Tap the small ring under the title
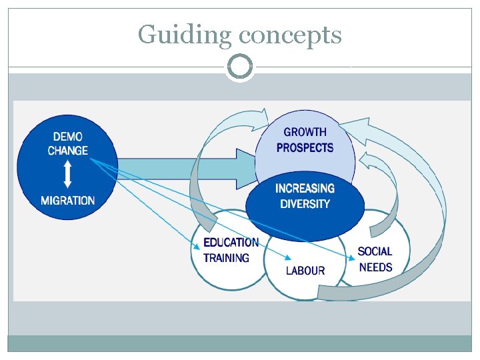(x=240, y=67)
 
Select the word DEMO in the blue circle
(x=68, y=137)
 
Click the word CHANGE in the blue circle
(x=68, y=151)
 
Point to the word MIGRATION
(x=68, y=201)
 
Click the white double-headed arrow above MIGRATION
(x=67, y=175)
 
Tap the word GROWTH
(x=305, y=133)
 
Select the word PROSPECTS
(x=305, y=147)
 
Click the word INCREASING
(x=305, y=189)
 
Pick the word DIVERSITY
(x=305, y=204)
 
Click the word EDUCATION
(x=231, y=243)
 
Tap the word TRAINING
(x=226, y=258)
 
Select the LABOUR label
(x=305, y=271)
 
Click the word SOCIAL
(x=375, y=252)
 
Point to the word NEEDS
(x=375, y=267)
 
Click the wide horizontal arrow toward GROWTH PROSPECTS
(x=187, y=169)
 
